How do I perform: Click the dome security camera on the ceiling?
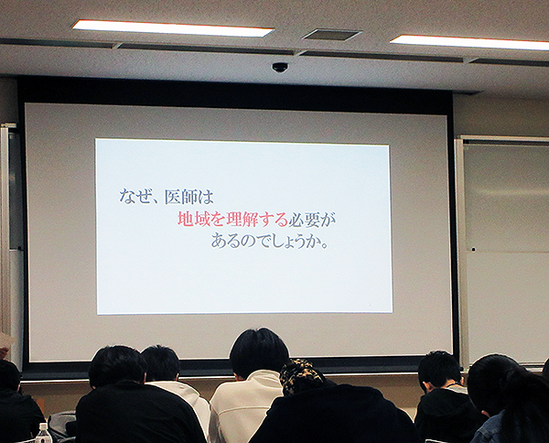(x=280, y=67)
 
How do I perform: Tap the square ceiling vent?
(x=331, y=34)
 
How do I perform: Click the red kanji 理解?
(x=242, y=220)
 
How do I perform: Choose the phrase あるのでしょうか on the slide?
(x=265, y=242)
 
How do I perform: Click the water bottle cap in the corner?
(x=43, y=426)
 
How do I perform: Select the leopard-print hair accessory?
(x=300, y=374)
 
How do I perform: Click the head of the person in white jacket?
(x=259, y=353)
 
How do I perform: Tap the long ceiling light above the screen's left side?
(x=173, y=28)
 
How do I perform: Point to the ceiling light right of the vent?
(x=469, y=42)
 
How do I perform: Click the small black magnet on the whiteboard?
(x=473, y=250)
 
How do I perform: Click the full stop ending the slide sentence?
(x=324, y=245)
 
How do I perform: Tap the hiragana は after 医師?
(x=205, y=197)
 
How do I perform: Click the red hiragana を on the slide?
(x=218, y=220)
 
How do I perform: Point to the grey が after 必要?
(x=328, y=220)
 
